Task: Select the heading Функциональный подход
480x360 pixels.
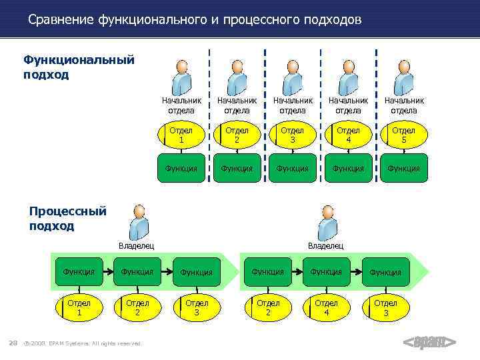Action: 79,67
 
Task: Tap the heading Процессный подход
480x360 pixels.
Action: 67,219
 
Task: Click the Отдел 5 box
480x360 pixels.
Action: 403,135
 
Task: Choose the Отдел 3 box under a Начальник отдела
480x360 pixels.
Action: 293,135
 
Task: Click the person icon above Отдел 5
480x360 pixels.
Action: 403,77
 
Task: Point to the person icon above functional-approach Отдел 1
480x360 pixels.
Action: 181,77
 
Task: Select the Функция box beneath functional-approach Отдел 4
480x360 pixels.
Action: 348,169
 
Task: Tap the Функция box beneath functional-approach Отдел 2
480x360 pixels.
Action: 237,169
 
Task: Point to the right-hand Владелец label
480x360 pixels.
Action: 325,246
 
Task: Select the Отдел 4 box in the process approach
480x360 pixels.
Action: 326,307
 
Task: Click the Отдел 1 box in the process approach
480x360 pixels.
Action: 79,307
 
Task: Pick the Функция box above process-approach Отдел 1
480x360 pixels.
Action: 79,271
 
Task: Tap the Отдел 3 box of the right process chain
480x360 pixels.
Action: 385,307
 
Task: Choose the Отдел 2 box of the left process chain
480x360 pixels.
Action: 137,307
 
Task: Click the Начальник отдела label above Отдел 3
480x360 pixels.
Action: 293,105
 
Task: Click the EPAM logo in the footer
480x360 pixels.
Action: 429,343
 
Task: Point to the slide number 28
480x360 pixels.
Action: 13,343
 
